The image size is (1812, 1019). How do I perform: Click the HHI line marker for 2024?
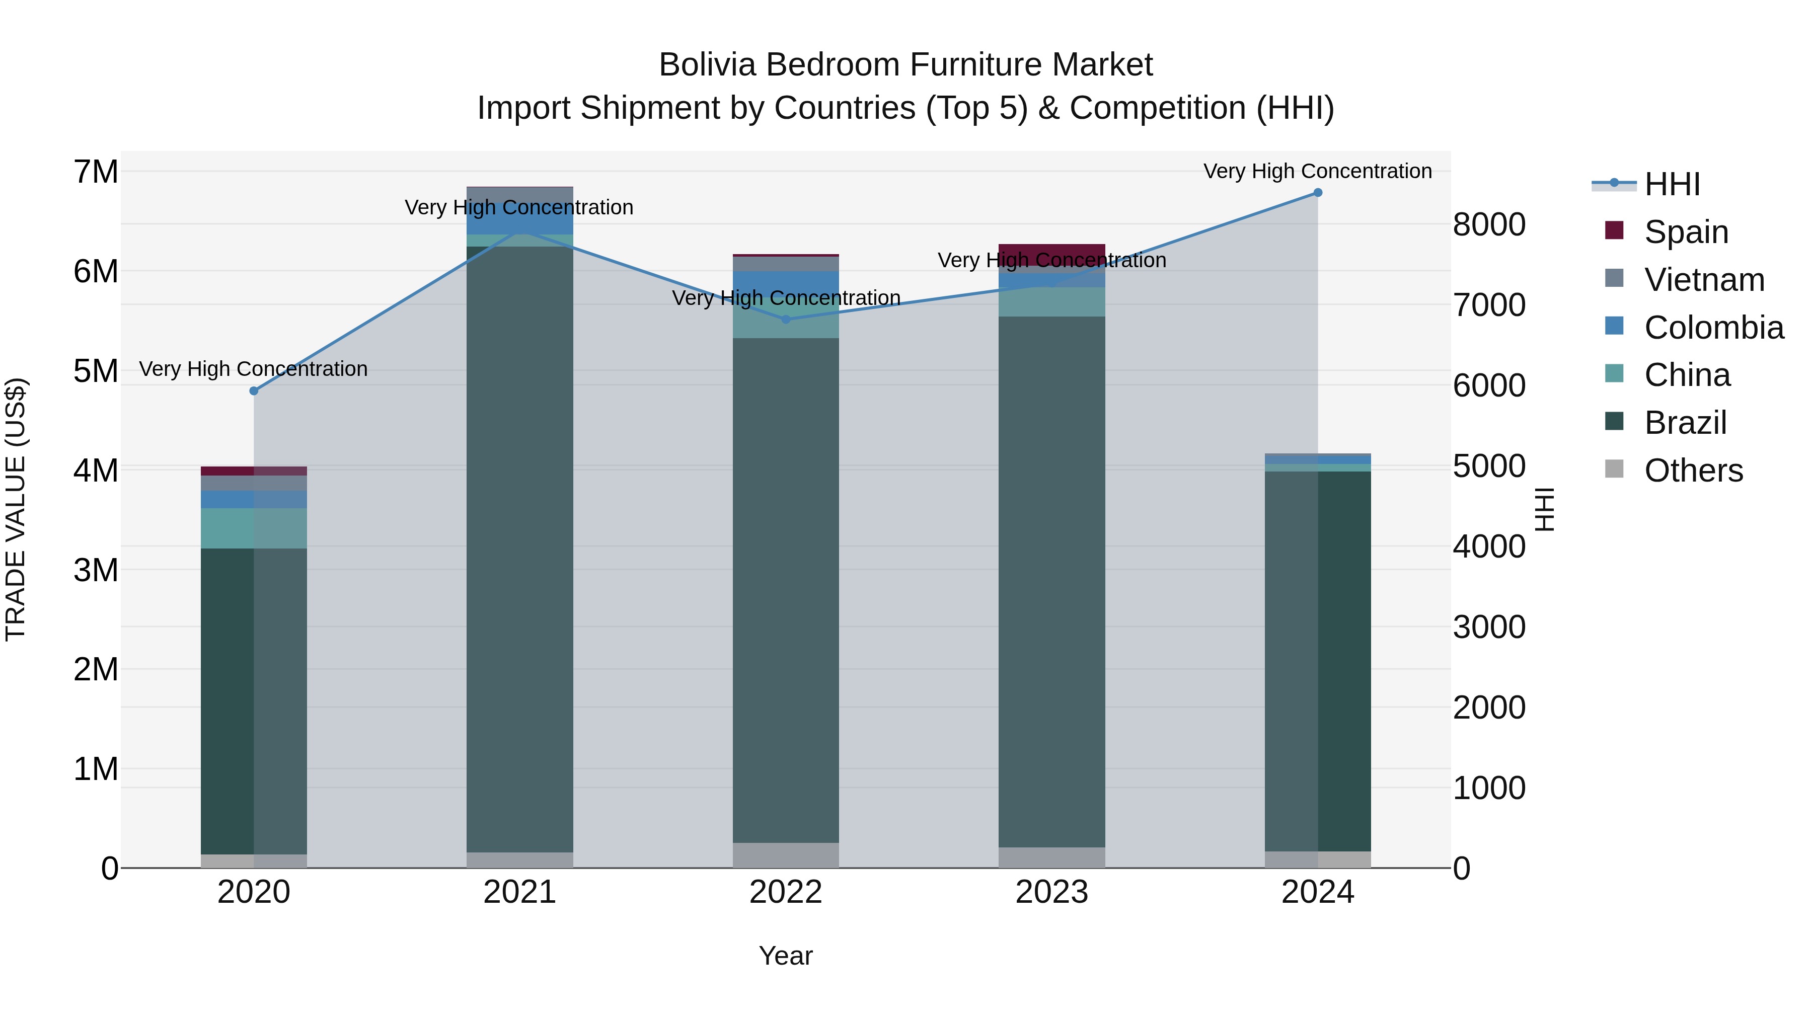pyautogui.click(x=1318, y=193)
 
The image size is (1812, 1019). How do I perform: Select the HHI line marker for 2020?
pyautogui.click(x=254, y=391)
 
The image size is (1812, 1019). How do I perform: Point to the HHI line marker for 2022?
pyautogui.click(x=786, y=319)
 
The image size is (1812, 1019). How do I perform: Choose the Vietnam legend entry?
pyautogui.click(x=1704, y=280)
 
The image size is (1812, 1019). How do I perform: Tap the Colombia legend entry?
pyautogui.click(x=1713, y=328)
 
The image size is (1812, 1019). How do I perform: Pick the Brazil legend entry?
pyautogui.click(x=1685, y=423)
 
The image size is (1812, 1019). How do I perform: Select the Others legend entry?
pyautogui.click(x=1693, y=471)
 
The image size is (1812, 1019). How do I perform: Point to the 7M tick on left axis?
pyautogui.click(x=96, y=172)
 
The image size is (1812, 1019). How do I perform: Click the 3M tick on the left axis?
pyautogui.click(x=96, y=570)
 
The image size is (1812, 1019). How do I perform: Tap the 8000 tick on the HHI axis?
pyautogui.click(x=1488, y=225)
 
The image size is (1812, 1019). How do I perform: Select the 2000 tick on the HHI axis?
pyautogui.click(x=1488, y=708)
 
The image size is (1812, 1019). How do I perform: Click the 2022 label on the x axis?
pyautogui.click(x=786, y=892)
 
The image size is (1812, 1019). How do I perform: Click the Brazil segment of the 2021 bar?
pyautogui.click(x=520, y=548)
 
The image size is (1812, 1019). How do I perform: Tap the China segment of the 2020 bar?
pyautogui.click(x=254, y=528)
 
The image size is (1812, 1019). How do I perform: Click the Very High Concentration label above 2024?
pyautogui.click(x=1318, y=171)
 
